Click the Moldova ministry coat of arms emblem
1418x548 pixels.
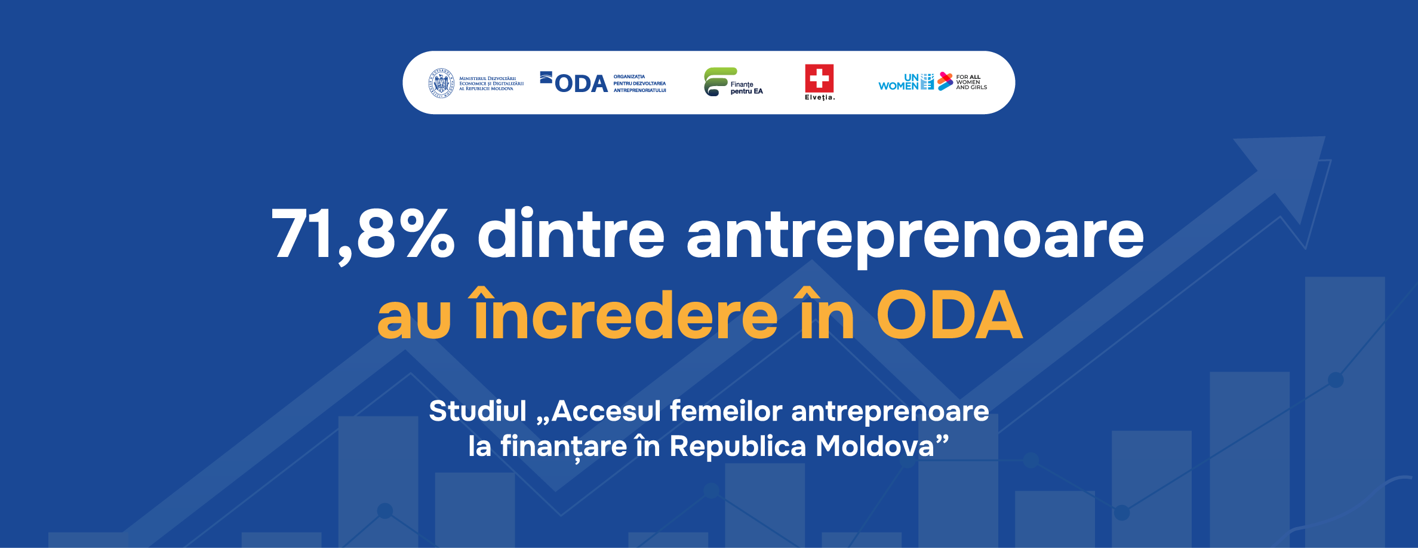[441, 83]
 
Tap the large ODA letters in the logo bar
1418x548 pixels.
[581, 84]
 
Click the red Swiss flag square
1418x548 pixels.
[819, 78]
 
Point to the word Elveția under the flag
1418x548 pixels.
[820, 97]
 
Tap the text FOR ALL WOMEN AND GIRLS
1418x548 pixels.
[971, 82]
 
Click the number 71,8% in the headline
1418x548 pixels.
[363, 234]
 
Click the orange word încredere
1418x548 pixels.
[626, 313]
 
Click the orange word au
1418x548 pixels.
[414, 319]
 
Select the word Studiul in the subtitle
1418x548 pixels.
[478, 411]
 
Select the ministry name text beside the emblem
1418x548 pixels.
[491, 83]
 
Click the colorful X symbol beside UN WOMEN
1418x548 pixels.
[945, 81]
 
